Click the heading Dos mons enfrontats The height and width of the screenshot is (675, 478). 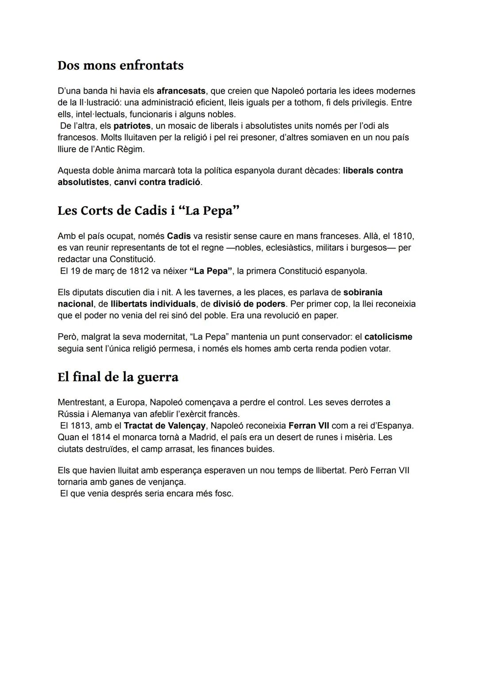tap(120, 66)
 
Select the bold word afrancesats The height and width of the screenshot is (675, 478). tap(181, 91)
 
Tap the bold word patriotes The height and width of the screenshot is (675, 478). tap(132, 126)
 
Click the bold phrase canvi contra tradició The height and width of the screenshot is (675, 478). tap(157, 182)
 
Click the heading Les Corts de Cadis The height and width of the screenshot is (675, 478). tap(148, 211)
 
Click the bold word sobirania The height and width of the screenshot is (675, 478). tap(362, 293)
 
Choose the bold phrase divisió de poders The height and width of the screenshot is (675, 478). tap(249, 305)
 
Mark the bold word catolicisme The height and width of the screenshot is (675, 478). tap(388, 337)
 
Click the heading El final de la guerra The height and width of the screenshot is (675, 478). tap(118, 377)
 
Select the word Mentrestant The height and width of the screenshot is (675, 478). tap(81, 403)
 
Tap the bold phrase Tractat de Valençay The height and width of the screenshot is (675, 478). tap(165, 426)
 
